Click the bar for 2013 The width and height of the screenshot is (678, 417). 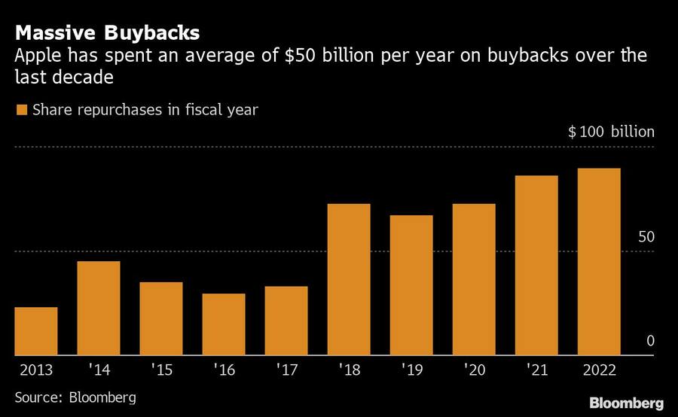(36, 331)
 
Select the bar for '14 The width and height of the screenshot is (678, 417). (99, 308)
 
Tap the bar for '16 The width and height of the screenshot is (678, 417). (224, 324)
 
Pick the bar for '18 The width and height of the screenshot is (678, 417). (349, 279)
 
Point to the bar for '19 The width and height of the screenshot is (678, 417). (411, 285)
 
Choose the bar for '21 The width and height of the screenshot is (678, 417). (536, 265)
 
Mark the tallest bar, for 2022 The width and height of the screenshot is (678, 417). (599, 261)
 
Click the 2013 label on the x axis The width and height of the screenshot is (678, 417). (35, 370)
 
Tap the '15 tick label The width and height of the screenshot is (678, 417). (160, 370)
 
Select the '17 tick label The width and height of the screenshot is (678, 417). (286, 370)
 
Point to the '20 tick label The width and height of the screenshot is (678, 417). (473, 370)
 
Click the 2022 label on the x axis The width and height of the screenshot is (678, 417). (599, 370)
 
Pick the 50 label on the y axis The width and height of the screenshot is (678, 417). (646, 236)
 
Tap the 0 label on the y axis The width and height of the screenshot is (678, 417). (650, 342)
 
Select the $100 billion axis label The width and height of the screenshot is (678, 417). (611, 132)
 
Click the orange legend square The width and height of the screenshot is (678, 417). (22, 110)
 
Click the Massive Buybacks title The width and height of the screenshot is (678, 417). (108, 32)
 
